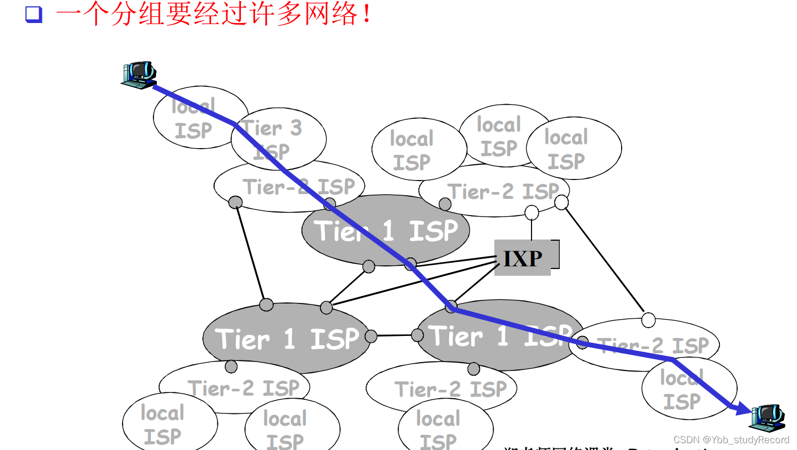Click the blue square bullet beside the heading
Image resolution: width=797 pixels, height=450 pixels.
tap(34, 14)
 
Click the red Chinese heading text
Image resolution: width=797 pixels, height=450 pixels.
tap(214, 14)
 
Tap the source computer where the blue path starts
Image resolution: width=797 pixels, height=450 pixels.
tap(139, 74)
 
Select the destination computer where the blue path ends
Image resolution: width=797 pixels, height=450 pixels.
tap(768, 417)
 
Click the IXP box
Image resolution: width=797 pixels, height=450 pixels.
tap(523, 257)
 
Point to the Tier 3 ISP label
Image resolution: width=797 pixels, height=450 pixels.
tap(272, 139)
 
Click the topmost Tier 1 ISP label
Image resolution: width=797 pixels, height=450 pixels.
tap(386, 231)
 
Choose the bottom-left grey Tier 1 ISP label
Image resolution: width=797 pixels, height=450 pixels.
tap(286, 339)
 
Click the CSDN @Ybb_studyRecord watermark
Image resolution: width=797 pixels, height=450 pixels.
tap(731, 440)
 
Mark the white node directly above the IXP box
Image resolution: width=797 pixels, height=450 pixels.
tap(532, 212)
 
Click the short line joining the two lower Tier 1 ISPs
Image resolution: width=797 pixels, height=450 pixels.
tap(394, 335)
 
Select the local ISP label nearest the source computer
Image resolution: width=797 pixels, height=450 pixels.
tap(194, 119)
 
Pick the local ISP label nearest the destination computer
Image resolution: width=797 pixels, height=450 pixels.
tap(682, 390)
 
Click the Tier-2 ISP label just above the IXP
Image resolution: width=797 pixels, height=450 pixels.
tap(503, 192)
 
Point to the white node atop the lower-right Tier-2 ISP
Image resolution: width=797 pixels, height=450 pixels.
tap(648, 320)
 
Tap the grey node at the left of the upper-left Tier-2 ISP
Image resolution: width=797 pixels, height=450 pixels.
tap(236, 202)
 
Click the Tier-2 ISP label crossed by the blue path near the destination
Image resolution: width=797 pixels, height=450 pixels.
tap(653, 345)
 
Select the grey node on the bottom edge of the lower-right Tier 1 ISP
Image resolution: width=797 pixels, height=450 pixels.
tap(474, 369)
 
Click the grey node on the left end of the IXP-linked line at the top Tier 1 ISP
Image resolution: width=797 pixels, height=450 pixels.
tap(411, 263)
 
